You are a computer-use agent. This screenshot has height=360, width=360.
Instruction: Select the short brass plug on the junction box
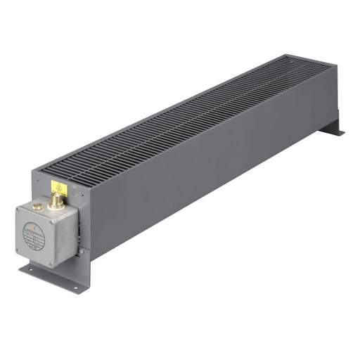pyautogui.click(x=37, y=207)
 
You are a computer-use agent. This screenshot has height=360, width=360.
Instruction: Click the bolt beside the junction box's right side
pyautogui.click(x=81, y=250)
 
